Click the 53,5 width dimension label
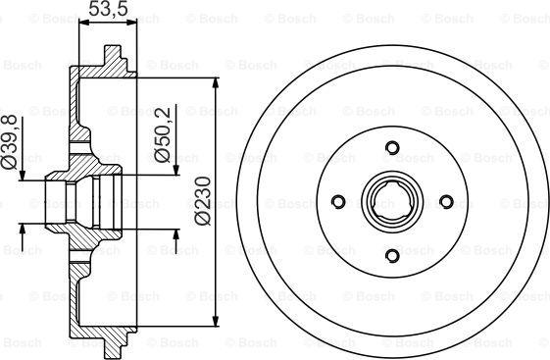107,9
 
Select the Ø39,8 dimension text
10,142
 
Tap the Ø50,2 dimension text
163,134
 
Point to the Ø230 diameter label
202,200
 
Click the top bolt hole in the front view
392,147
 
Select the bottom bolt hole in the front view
392,255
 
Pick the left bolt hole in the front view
338,201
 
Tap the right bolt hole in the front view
446,201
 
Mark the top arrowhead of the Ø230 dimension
216,83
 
